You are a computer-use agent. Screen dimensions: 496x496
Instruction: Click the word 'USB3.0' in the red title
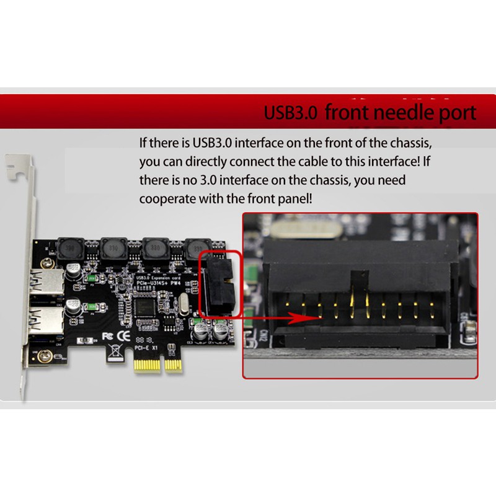pos(291,113)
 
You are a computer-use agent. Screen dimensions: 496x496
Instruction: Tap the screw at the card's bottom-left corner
pos(44,356)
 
